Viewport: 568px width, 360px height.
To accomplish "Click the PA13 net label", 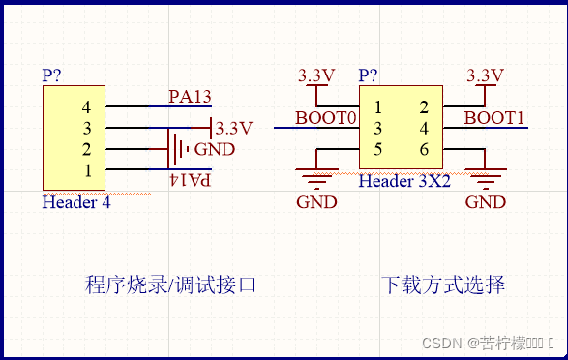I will click(190, 96).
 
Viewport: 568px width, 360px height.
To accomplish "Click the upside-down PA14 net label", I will click(190, 180).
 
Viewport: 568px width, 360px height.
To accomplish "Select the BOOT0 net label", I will click(326, 118).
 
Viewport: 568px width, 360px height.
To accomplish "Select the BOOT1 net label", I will click(494, 118).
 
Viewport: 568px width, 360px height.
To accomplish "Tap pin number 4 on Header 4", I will click(87, 106).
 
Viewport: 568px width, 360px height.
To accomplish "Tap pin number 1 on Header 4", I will click(87, 170).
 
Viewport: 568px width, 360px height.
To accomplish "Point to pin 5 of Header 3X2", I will click(378, 149).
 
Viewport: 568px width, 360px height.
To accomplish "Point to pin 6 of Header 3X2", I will click(423, 149).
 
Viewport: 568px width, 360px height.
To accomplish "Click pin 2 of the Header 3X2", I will click(423, 106).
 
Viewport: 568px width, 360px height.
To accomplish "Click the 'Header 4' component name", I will click(75, 202).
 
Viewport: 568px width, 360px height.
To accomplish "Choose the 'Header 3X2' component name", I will click(404, 181).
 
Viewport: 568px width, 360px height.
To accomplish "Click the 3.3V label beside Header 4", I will click(233, 128).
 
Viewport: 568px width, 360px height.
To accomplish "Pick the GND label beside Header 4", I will click(214, 149).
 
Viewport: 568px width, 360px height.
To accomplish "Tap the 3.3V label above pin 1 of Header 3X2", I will click(315, 75).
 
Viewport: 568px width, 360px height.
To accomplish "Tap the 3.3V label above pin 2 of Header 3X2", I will click(485, 75).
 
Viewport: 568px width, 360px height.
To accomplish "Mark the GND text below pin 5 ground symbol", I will click(316, 202).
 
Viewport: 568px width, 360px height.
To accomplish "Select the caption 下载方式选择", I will click(442, 285).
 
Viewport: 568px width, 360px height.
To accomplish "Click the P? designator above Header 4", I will click(53, 75).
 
